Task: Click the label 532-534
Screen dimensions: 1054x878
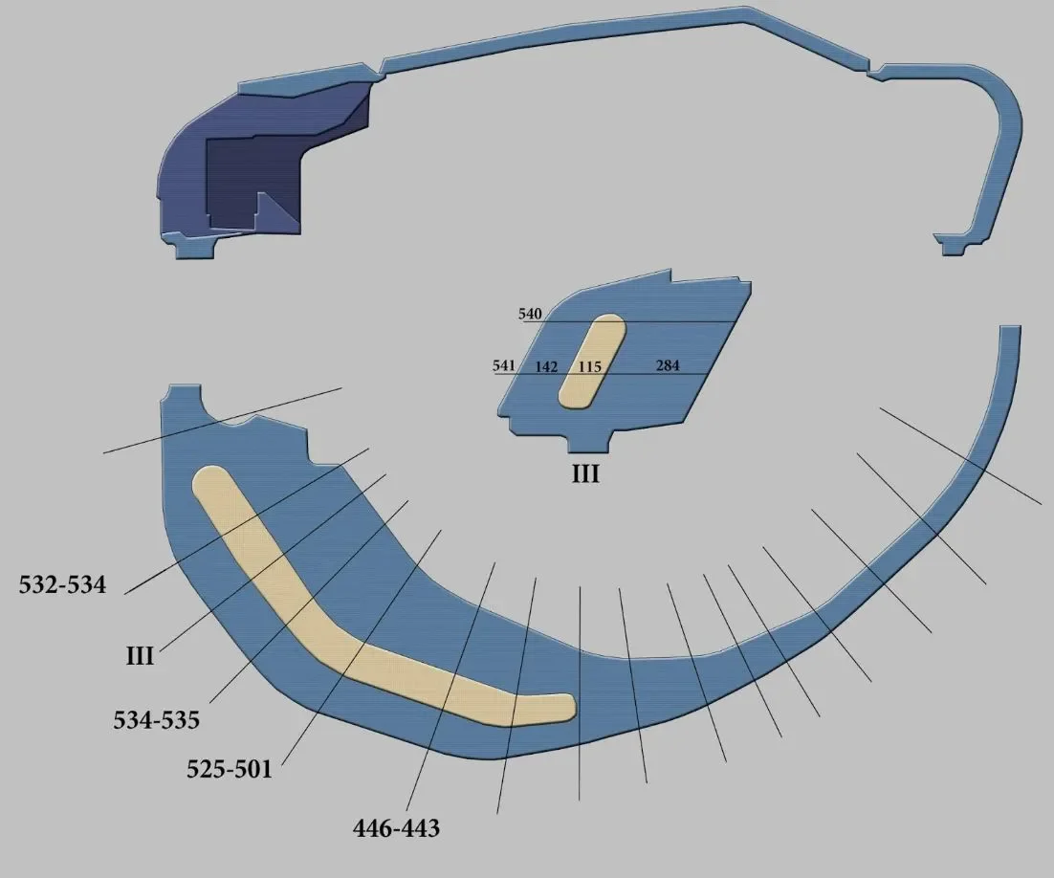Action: tap(62, 585)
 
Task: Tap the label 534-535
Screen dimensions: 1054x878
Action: tap(156, 720)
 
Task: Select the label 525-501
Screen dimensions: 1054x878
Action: tap(230, 768)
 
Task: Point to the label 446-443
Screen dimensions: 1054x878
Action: tap(396, 827)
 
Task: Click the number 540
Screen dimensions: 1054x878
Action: tap(530, 314)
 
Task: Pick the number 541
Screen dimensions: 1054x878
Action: tap(504, 365)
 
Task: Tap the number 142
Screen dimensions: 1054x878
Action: tap(546, 367)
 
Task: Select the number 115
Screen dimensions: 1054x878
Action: tap(589, 367)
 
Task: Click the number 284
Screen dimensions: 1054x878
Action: tap(668, 365)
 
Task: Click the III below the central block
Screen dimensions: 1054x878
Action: tap(585, 474)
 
